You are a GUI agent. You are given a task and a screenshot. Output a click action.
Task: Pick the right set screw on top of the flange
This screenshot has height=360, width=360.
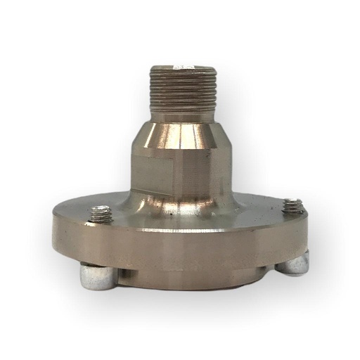(292, 206)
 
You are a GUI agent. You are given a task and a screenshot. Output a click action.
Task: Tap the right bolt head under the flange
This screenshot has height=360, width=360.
(293, 265)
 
